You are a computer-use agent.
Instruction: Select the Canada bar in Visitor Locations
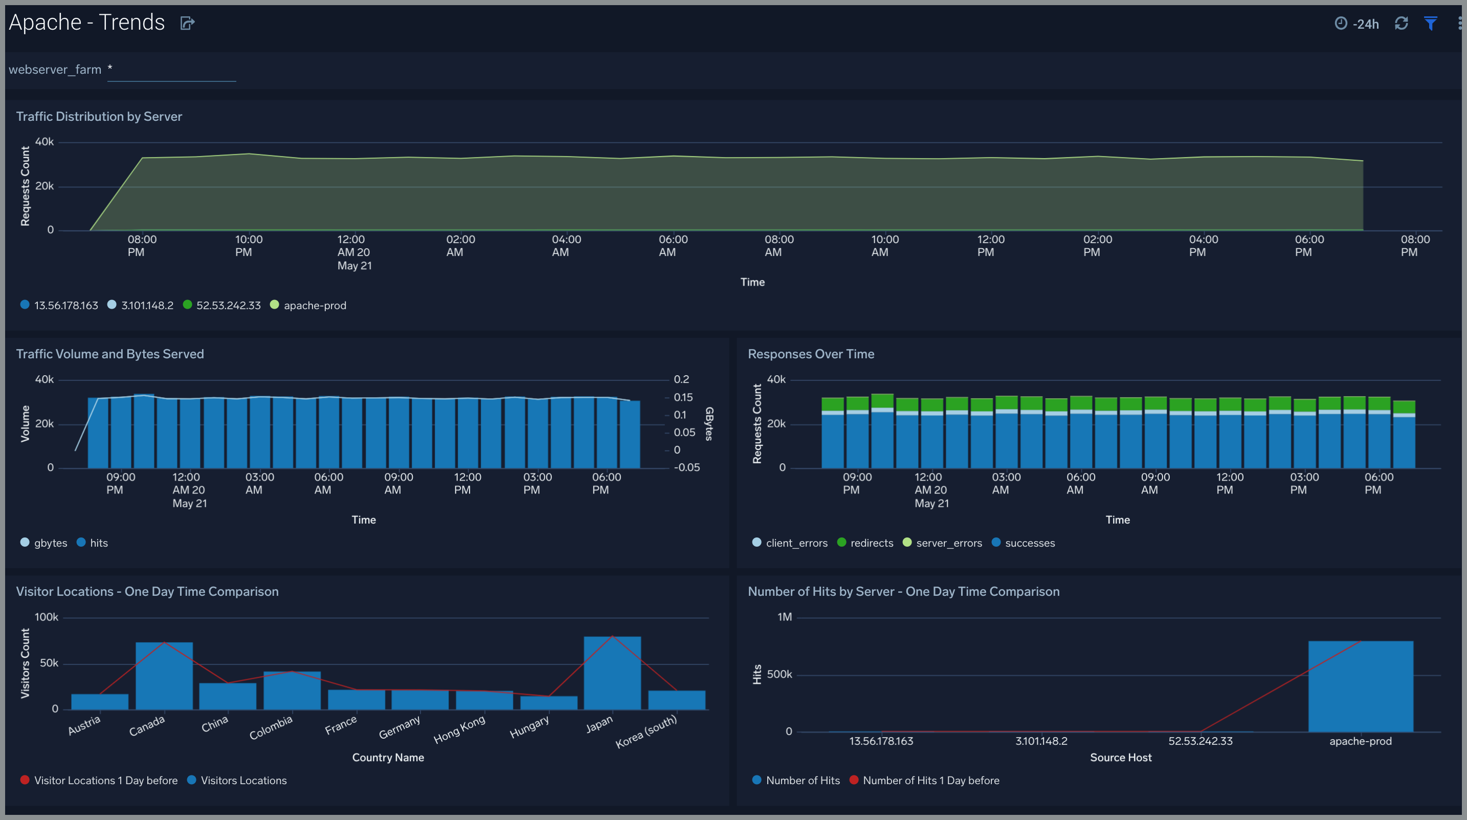(164, 676)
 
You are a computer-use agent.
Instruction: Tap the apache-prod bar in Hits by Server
(1360, 686)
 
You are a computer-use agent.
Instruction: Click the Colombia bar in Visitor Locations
(292, 690)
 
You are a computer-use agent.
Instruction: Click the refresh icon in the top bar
(1401, 24)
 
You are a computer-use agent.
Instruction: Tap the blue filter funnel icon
(1430, 24)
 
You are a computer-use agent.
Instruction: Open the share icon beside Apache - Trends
(187, 24)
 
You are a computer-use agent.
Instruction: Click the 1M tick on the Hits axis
(784, 617)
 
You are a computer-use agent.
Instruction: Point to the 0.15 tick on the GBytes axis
(683, 397)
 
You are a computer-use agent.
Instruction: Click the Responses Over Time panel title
(810, 354)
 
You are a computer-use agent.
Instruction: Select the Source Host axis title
(1120, 758)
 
